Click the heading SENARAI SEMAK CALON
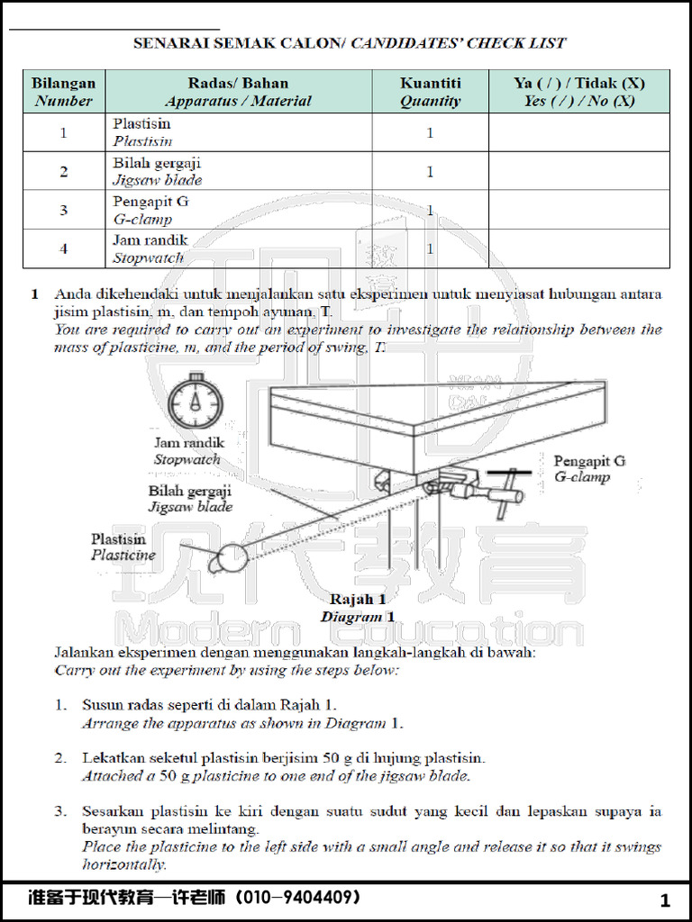click(x=240, y=42)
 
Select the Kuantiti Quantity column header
click(x=430, y=92)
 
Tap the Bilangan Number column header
click(x=63, y=92)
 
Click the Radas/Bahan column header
click(x=238, y=92)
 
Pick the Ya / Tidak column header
click(x=578, y=92)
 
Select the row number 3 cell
click(x=63, y=210)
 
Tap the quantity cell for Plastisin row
click(x=430, y=132)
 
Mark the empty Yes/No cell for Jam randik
click(x=578, y=249)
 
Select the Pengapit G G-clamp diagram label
click(x=588, y=469)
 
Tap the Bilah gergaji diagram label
click(x=190, y=499)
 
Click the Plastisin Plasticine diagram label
click(x=123, y=547)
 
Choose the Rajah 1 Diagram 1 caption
click(x=358, y=608)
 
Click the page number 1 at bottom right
click(x=665, y=900)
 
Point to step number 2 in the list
click(x=60, y=758)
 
